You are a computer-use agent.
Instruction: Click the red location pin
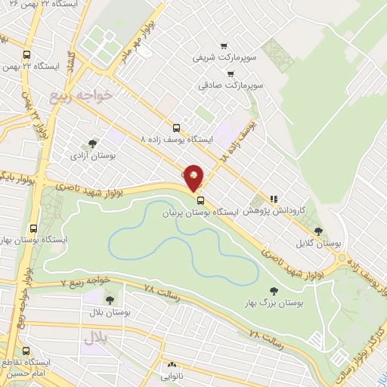(194, 178)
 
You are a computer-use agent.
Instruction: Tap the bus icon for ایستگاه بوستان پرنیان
(201, 200)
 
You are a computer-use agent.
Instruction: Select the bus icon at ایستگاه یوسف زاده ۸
(176, 128)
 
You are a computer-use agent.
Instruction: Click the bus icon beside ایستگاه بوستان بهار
(33, 228)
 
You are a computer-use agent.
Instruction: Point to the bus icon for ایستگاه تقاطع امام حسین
(26, 351)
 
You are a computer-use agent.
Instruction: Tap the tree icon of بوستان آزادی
(92, 143)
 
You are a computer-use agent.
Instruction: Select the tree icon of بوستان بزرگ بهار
(274, 290)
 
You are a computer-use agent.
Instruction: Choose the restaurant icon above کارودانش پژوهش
(274, 199)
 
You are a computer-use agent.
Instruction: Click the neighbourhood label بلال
(97, 338)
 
